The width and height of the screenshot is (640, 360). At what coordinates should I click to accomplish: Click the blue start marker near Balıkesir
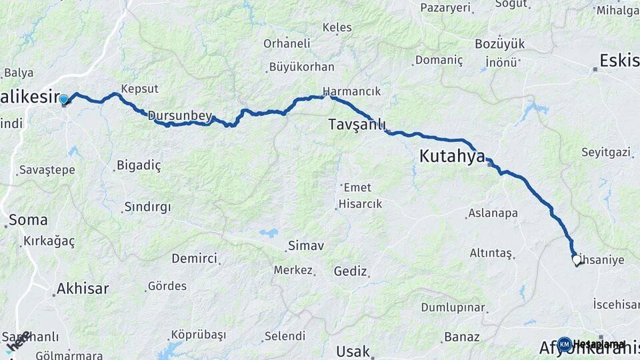(x=64, y=100)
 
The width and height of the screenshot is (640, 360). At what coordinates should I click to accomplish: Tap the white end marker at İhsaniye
(x=577, y=260)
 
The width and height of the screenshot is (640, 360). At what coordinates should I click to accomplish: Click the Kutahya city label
(x=451, y=157)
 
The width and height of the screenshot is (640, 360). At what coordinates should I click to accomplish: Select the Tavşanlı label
(x=357, y=125)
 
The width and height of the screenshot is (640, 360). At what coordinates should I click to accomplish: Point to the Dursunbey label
(x=179, y=116)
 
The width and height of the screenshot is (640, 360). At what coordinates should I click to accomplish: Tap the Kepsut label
(x=140, y=89)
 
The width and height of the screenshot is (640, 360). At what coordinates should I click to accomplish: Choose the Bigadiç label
(x=139, y=165)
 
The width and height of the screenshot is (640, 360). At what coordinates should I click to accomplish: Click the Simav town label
(x=305, y=246)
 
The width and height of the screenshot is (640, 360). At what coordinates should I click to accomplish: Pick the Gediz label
(x=351, y=271)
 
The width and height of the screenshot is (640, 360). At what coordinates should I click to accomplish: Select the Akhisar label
(x=82, y=289)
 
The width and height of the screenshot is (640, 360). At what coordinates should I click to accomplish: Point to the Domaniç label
(x=438, y=60)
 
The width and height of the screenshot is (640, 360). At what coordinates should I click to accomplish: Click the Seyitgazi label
(x=605, y=153)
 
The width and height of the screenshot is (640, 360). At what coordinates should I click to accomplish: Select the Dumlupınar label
(x=452, y=307)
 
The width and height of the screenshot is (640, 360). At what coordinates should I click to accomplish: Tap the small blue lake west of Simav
(x=269, y=233)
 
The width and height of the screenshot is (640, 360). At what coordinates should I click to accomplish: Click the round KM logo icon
(x=564, y=344)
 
